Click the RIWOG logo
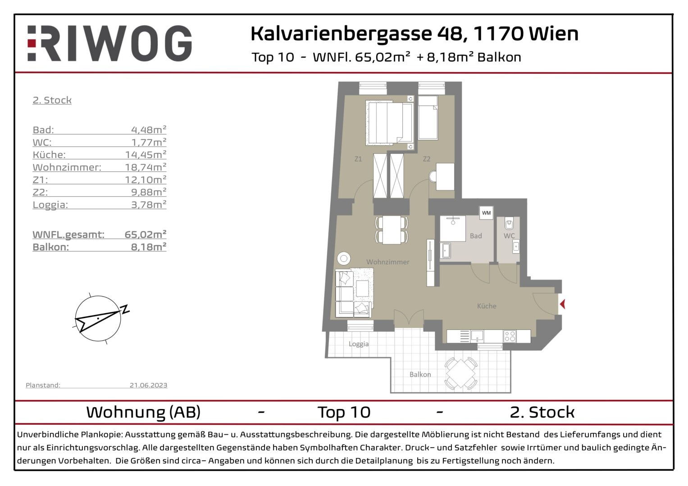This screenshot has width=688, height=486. tap(109, 43)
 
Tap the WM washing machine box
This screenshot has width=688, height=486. tap(486, 212)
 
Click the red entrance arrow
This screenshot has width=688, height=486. tap(562, 304)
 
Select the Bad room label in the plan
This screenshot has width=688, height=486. tap(476, 236)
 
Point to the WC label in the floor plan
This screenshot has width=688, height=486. tap(509, 236)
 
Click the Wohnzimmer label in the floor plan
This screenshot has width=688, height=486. tap(387, 262)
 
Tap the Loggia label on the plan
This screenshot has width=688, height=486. tap(359, 344)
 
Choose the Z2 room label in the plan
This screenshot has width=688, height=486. tap(426, 159)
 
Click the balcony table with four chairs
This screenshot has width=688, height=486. tap(461, 373)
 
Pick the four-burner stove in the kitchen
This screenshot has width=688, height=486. tap(510, 336)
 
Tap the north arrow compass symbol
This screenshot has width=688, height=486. tap(99, 318)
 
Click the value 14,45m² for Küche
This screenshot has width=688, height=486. tap(146, 154)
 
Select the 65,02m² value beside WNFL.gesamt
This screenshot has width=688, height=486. tap(146, 234)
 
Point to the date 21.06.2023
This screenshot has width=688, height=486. tap(148, 385)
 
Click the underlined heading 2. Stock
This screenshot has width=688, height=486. tap(52, 100)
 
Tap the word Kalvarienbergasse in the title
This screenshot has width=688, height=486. tap(342, 34)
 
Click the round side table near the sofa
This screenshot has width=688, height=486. tap(344, 259)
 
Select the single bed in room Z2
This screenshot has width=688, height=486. tap(428, 117)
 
